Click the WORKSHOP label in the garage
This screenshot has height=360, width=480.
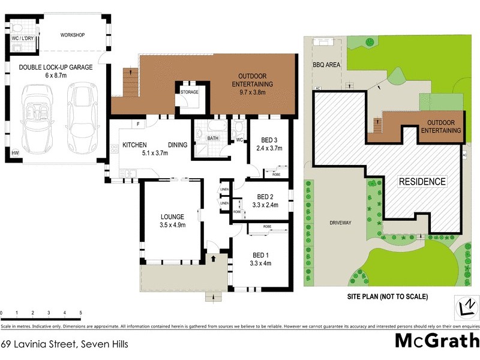(x=73, y=35)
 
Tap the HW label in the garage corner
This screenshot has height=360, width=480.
(x=14, y=154)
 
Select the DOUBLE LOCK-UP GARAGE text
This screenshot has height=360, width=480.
(x=55, y=68)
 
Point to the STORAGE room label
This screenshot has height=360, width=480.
(x=190, y=92)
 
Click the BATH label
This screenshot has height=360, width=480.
(x=213, y=138)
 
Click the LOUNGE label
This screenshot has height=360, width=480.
(x=172, y=217)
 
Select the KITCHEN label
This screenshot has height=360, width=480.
(x=136, y=145)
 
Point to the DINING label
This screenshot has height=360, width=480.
(x=178, y=145)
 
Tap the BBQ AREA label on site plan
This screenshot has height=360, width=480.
(x=325, y=65)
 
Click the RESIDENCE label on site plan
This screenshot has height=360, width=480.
(x=423, y=181)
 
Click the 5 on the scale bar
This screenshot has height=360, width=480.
(x=80, y=313)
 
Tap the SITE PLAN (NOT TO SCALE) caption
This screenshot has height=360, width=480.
(x=387, y=296)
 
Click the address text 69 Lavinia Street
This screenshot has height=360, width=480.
(x=64, y=344)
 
